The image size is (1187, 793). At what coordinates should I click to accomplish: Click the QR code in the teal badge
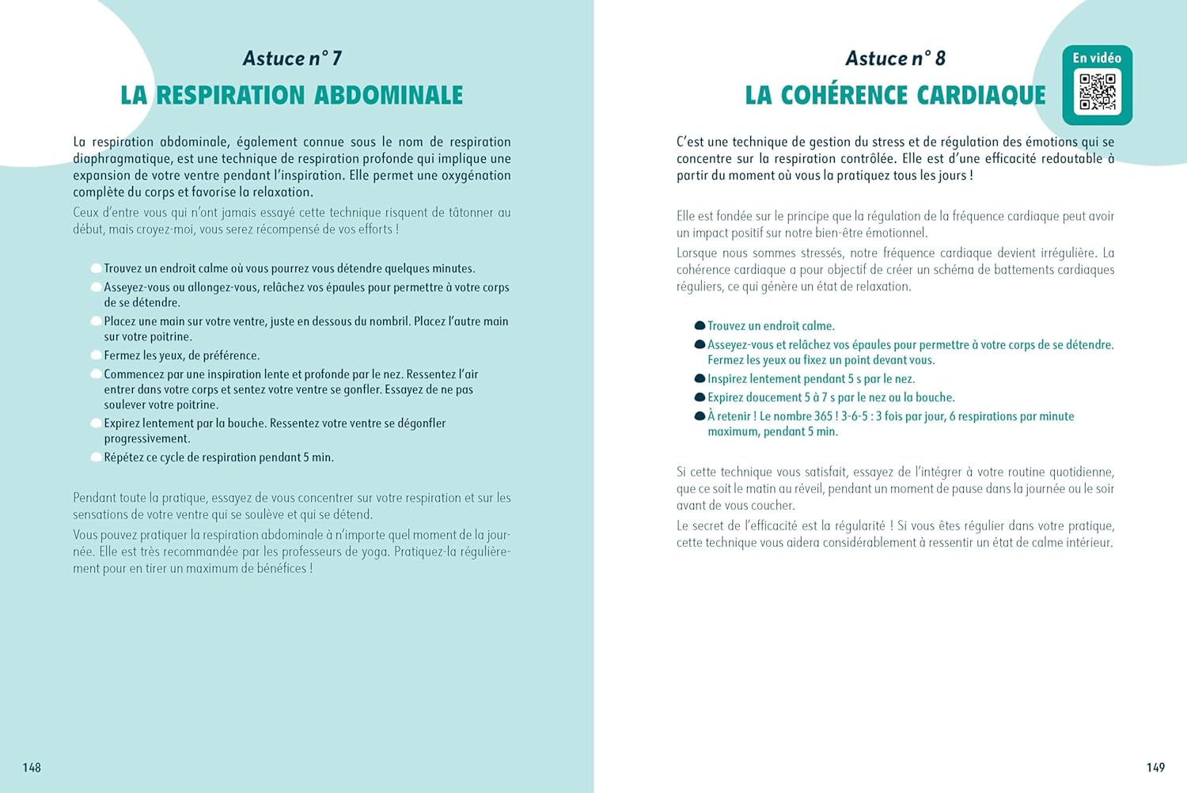point(1098,93)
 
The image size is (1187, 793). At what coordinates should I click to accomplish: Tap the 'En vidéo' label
point(1097,58)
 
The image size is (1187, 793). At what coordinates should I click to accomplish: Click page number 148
point(32,768)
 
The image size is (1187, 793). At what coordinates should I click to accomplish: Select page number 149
point(1155,768)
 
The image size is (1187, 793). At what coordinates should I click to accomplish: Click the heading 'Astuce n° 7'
point(292,59)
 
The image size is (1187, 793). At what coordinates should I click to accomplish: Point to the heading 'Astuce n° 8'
point(895,59)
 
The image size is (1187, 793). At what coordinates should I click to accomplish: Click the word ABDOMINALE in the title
point(389,96)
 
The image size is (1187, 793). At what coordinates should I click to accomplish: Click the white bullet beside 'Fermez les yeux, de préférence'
point(96,355)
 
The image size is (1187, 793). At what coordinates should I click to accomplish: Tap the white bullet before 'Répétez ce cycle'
point(96,457)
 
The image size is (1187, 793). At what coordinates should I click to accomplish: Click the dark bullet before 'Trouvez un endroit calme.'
point(700,325)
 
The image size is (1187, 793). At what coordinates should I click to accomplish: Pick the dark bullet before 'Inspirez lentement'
point(700,378)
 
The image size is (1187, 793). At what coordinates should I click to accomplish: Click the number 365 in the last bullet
point(823,416)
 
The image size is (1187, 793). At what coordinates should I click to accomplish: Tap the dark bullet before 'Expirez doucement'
point(700,397)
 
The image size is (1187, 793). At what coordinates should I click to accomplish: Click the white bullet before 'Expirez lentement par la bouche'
point(96,423)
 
